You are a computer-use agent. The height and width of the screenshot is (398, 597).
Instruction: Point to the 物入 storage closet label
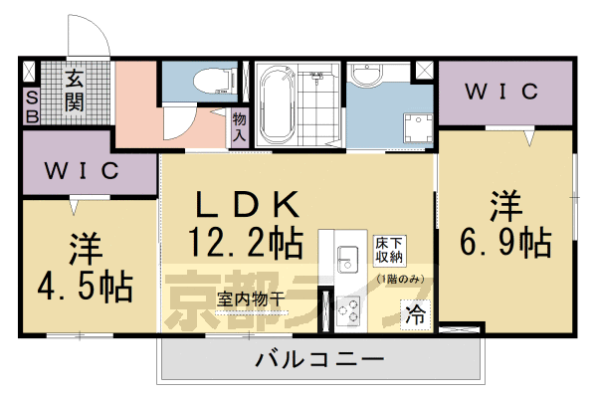[x=239, y=126]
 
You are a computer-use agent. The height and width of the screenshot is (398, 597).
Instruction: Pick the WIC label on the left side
[x=83, y=170]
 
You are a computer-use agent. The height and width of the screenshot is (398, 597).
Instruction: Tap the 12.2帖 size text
[x=245, y=240]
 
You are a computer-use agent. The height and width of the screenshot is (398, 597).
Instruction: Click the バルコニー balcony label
[x=317, y=358]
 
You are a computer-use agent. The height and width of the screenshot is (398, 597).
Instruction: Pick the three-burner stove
[x=349, y=313]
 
